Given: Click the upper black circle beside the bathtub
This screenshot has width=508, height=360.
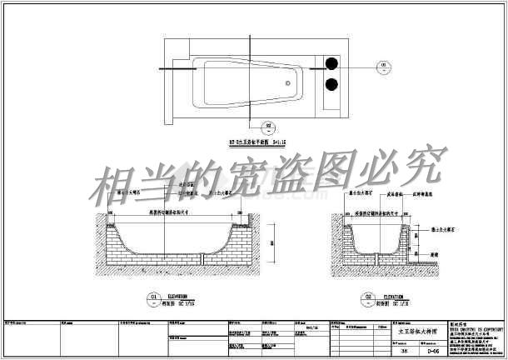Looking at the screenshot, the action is (x=331, y=63).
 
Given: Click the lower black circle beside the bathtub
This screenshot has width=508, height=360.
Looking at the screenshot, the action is (x=331, y=82).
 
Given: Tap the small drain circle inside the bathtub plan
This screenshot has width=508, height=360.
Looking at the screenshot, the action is (x=288, y=82).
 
